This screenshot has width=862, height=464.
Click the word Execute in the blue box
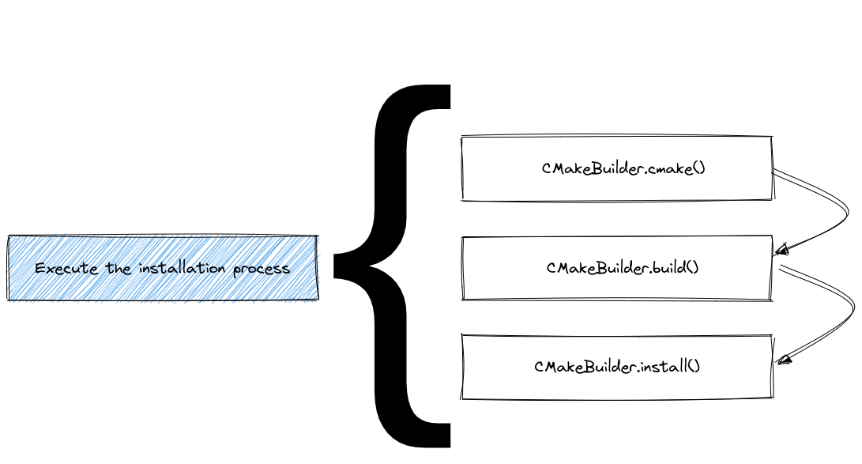pyautogui.click(x=67, y=269)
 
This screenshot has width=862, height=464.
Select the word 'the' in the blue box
pyautogui.click(x=119, y=269)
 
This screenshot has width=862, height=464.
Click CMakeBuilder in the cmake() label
pyautogui.click(x=592, y=168)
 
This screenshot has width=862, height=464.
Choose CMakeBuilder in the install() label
pyautogui.click(x=585, y=367)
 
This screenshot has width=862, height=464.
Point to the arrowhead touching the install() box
pyautogui.click(x=784, y=361)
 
